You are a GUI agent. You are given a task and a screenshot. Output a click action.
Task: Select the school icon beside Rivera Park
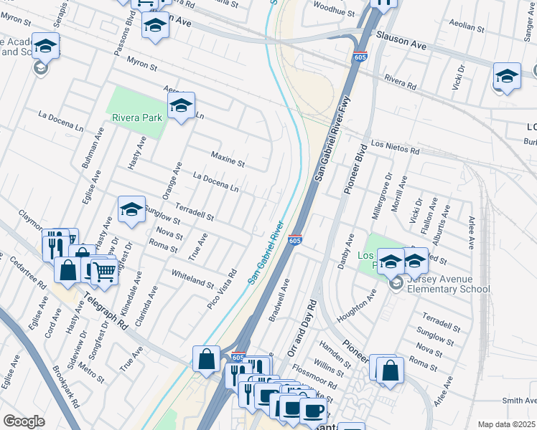181,107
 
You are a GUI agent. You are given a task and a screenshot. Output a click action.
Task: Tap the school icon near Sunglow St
131,209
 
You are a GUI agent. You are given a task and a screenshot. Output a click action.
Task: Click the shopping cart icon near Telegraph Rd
105,271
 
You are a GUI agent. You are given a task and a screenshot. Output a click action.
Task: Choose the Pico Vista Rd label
222,285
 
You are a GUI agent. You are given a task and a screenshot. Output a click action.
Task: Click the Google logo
24,421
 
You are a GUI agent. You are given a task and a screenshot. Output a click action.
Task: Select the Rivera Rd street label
400,82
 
